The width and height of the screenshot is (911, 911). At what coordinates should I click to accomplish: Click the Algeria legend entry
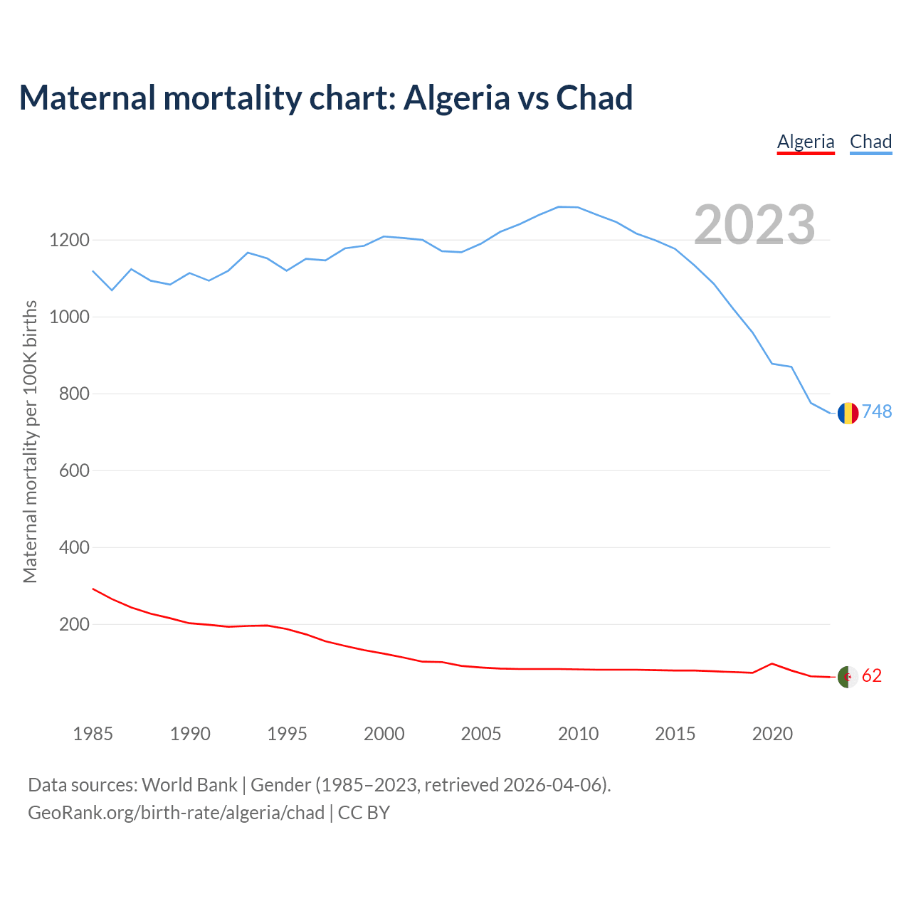tap(806, 142)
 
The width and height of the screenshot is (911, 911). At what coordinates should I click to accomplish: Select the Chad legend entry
tap(870, 142)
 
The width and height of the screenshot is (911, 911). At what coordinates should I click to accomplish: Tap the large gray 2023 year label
tap(754, 225)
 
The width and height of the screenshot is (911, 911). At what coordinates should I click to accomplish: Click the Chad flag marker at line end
tap(848, 413)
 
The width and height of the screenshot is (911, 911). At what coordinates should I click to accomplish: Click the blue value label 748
tap(877, 412)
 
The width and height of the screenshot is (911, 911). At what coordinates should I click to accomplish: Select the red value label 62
tap(872, 675)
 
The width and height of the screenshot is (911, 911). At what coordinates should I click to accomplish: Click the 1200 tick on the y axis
tap(69, 240)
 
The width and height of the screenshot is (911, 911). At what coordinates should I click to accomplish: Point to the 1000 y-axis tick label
tap(69, 317)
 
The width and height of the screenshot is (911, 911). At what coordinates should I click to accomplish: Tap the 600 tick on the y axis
tap(74, 470)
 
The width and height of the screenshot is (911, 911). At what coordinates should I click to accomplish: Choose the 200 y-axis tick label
tap(74, 624)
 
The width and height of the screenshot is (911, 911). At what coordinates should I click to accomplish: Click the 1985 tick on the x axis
tap(93, 734)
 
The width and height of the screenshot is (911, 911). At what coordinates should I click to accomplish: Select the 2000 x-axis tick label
tap(384, 734)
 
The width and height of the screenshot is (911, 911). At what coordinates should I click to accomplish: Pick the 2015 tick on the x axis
tap(675, 734)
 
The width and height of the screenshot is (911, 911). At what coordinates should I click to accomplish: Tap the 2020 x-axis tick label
tap(772, 734)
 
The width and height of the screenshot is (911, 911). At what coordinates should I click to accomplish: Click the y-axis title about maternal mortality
tap(30, 442)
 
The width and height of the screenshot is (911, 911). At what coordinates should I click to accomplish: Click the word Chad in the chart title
tap(594, 98)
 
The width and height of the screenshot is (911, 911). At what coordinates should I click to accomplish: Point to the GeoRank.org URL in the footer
tap(176, 813)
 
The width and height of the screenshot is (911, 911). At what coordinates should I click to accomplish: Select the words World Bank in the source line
tap(189, 785)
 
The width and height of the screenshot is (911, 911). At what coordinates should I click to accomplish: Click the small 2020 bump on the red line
tap(772, 663)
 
